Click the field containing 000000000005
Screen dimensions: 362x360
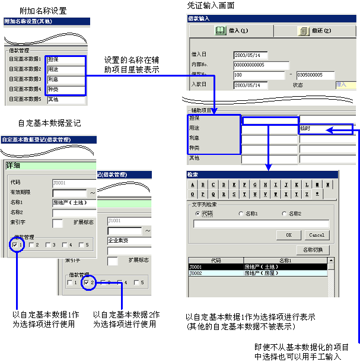pos(261,65)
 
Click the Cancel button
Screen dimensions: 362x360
pos(316,235)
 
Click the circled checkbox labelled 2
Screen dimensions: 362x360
pos(87,282)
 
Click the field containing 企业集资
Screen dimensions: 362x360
pos(128,241)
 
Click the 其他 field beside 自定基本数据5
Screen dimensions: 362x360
pos(65,100)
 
